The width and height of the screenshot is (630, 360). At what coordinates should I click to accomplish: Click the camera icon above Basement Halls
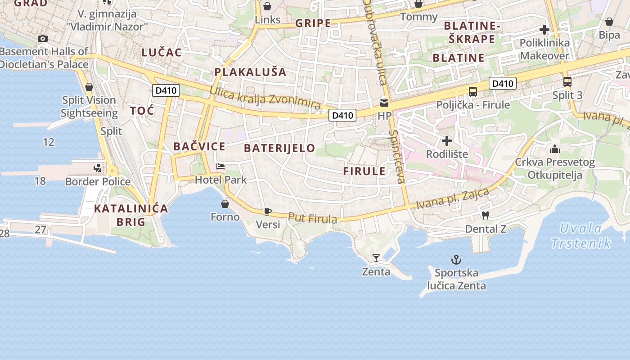(43, 39)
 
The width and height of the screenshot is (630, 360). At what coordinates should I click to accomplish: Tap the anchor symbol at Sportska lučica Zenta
(456, 260)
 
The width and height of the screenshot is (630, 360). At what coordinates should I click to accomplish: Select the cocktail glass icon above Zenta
(376, 258)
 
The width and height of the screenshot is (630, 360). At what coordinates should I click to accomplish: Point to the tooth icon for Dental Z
(485, 216)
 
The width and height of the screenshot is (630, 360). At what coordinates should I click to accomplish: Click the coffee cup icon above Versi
(268, 211)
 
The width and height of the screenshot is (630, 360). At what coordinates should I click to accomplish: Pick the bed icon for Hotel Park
(220, 166)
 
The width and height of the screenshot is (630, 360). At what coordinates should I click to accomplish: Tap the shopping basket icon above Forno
(225, 204)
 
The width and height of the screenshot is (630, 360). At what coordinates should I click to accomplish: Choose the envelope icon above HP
(384, 103)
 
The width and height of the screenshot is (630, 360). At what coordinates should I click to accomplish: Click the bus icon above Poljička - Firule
(473, 92)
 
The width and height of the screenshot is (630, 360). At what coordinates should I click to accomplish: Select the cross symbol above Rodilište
(447, 141)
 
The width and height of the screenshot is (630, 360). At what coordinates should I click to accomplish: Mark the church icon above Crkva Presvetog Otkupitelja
(555, 149)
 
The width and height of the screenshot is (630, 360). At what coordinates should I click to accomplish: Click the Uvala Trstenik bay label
(581, 236)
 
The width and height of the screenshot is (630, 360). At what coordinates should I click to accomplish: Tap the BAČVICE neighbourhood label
(199, 146)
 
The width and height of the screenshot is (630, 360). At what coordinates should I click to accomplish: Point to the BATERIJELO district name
(279, 148)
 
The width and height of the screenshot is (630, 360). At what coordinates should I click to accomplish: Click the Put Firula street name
(312, 218)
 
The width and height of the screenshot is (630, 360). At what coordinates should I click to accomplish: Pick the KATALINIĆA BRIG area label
(131, 215)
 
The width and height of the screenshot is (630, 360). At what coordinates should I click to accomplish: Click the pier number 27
(40, 229)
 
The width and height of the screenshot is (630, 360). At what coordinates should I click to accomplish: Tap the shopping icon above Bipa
(609, 22)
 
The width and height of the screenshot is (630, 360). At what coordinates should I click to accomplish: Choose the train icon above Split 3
(567, 82)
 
